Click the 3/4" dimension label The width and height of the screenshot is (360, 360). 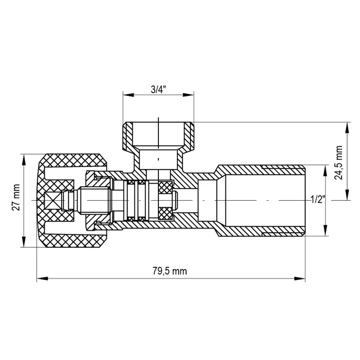point(158,90)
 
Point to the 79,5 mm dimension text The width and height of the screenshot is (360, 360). point(170,271)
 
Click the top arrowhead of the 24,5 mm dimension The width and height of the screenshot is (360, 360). point(346,126)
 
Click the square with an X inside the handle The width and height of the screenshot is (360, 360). point(52,200)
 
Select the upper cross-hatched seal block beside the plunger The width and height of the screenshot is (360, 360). point(165,187)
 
